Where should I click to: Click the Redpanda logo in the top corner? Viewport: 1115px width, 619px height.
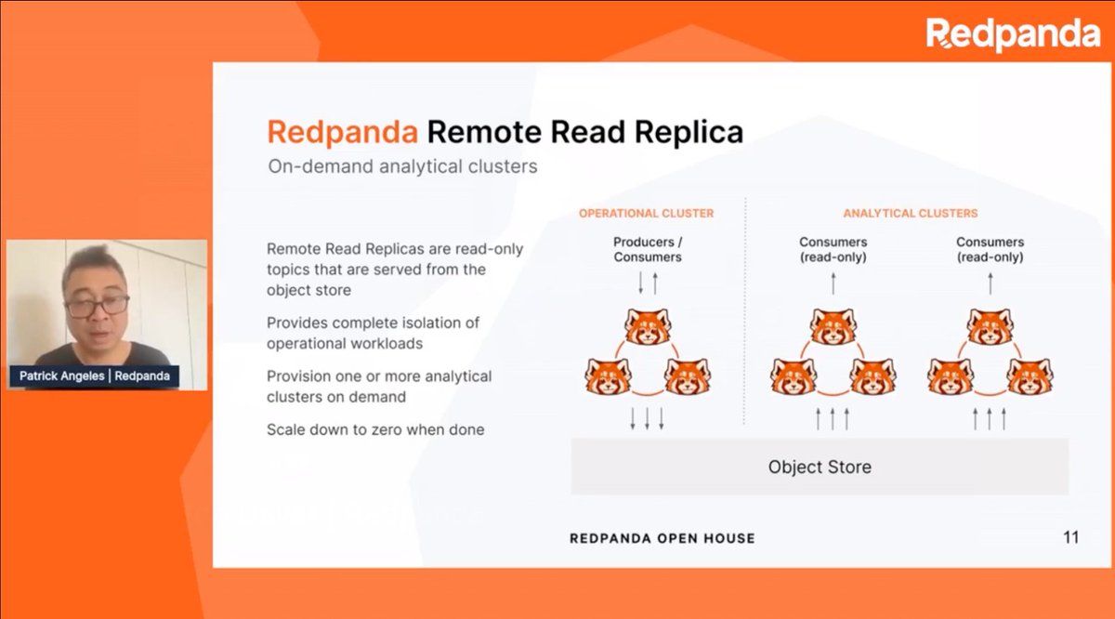(1013, 34)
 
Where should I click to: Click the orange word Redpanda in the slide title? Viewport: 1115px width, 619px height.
(341, 132)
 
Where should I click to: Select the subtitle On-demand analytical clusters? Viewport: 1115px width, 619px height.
(401, 167)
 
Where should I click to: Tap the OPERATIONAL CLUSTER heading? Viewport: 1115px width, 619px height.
(646, 214)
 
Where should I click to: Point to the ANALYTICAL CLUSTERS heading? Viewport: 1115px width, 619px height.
(910, 214)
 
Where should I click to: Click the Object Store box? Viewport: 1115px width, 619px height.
(820, 466)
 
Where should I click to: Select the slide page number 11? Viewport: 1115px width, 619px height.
(1069, 537)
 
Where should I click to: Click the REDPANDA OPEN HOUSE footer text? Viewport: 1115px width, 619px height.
(662, 538)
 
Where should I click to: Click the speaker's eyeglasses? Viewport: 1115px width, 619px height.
(97, 305)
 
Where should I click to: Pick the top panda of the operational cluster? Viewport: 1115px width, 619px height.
(648, 325)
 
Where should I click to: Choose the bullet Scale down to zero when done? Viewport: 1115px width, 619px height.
(374, 430)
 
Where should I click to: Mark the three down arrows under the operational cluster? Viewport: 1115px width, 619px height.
(647, 418)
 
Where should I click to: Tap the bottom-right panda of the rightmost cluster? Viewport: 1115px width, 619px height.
(1030, 375)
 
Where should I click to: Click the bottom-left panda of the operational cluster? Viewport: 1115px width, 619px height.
(608, 375)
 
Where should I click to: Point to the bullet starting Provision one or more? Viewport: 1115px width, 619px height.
(379, 387)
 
